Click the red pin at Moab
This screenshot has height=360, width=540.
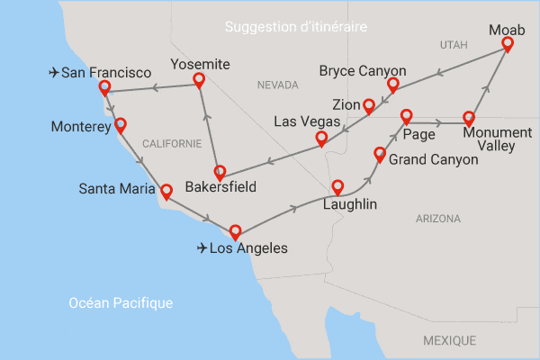(x=508, y=42)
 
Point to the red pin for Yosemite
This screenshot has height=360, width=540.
(x=199, y=81)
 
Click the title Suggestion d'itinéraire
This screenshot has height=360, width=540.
(x=298, y=28)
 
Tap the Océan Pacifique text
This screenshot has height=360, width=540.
(x=121, y=303)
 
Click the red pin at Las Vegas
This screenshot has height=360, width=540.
(x=321, y=139)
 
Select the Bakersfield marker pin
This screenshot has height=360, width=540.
(x=219, y=171)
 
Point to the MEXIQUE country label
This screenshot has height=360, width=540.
(x=449, y=340)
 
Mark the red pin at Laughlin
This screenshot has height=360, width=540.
(x=337, y=187)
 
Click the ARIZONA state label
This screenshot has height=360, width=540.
(x=438, y=219)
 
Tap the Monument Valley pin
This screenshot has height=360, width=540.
(x=469, y=118)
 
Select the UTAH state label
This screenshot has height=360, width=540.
(x=455, y=44)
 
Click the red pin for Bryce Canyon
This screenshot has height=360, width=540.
(x=392, y=85)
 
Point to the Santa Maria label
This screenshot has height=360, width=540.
(x=117, y=189)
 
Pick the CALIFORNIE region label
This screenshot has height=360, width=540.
(x=172, y=143)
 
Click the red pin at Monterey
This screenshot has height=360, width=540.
(x=120, y=125)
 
